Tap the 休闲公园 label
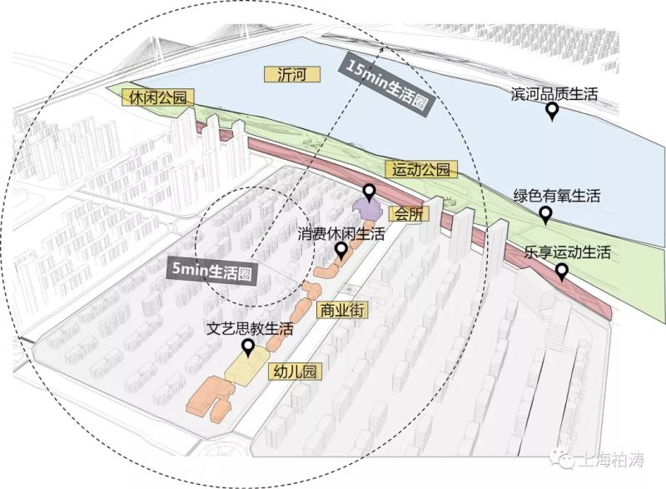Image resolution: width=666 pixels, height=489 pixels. pyautogui.click(x=157, y=97)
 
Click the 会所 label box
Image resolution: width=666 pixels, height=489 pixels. pyautogui.click(x=410, y=212)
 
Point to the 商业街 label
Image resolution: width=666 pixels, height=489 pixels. pyautogui.click(x=342, y=310)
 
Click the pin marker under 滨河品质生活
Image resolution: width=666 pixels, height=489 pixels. pyautogui.click(x=551, y=112)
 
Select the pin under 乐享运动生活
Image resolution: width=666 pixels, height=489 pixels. pyautogui.click(x=562, y=272)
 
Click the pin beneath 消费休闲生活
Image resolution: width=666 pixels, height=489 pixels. pyautogui.click(x=340, y=251)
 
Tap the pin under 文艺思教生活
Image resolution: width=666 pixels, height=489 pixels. pyautogui.click(x=248, y=347)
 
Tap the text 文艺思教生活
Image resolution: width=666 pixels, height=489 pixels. pyautogui.click(x=251, y=328)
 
